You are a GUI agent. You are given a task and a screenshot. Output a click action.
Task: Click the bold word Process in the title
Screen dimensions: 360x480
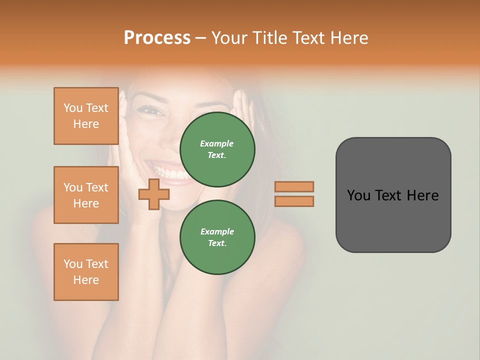click(x=157, y=38)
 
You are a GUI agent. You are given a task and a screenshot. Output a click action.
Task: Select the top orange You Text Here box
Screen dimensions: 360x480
click(x=86, y=116)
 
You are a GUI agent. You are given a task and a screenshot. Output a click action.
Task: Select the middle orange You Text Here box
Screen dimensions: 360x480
click(x=86, y=195)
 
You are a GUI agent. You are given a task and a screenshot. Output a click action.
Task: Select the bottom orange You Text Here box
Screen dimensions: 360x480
click(x=86, y=272)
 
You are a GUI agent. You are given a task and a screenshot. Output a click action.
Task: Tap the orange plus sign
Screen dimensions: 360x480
click(x=154, y=194)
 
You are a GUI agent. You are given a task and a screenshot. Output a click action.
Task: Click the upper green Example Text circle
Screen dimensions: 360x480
click(x=217, y=149)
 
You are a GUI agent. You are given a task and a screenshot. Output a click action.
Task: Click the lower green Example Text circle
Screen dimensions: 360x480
click(x=217, y=237)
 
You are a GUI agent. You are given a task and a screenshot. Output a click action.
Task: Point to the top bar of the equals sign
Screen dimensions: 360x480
click(x=294, y=186)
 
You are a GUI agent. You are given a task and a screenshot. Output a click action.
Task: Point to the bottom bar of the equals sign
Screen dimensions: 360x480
click(x=294, y=201)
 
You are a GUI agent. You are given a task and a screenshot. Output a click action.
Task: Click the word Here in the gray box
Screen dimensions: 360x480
click(x=422, y=195)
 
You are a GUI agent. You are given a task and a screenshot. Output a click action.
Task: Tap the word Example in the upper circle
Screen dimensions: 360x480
click(x=217, y=143)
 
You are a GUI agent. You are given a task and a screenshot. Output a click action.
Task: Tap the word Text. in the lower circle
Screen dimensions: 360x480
click(x=217, y=243)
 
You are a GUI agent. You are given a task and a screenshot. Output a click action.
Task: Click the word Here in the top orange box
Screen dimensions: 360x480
click(x=86, y=124)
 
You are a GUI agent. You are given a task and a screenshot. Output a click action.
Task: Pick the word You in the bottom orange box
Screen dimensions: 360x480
click(x=73, y=264)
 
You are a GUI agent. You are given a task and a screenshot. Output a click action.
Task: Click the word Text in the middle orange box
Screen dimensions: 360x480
click(x=97, y=187)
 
